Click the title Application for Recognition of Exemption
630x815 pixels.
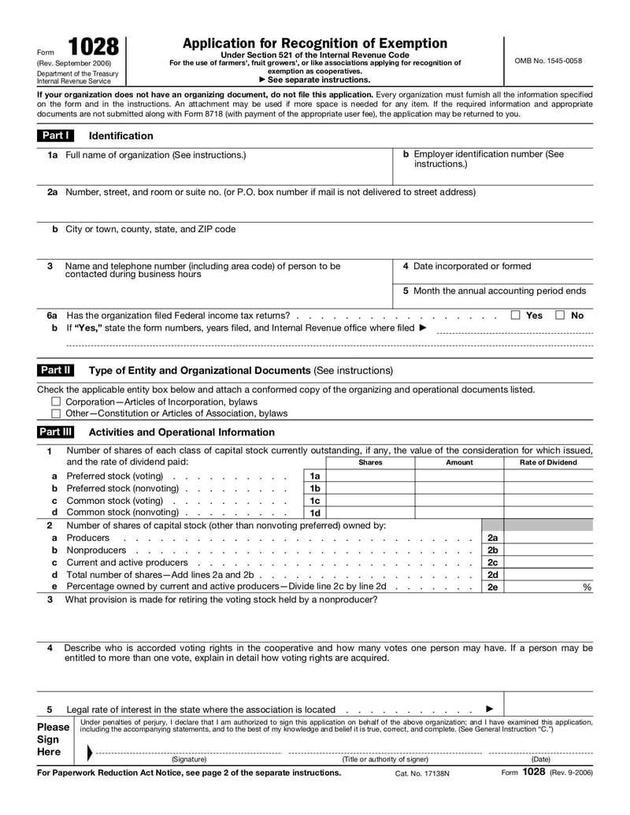(x=315, y=43)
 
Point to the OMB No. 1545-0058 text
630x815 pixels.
(x=548, y=61)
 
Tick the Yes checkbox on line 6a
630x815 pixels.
(x=516, y=316)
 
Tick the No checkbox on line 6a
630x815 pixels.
(x=560, y=316)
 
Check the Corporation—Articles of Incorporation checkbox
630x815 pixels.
(x=56, y=402)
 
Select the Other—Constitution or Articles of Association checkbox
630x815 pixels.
(x=56, y=413)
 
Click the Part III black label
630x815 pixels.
(x=57, y=432)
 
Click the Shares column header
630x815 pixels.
(x=370, y=463)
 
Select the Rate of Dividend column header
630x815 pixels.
(x=548, y=463)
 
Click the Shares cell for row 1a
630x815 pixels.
(x=370, y=476)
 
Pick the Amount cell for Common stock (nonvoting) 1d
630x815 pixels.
(x=459, y=513)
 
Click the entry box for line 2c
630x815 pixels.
(x=548, y=562)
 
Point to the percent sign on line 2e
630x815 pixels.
(x=587, y=587)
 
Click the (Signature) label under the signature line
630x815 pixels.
(x=189, y=759)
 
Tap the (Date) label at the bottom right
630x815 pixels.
(x=541, y=759)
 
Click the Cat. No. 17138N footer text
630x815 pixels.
(x=422, y=774)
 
